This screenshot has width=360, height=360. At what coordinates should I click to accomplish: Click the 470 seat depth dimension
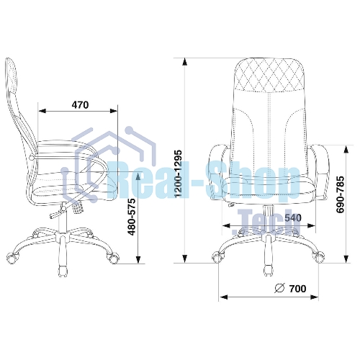coord(80,105)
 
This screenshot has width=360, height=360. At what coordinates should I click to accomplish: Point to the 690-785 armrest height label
coord(340,194)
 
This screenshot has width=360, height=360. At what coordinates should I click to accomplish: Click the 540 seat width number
coord(293,217)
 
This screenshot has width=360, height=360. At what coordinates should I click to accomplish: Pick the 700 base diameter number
coord(297,289)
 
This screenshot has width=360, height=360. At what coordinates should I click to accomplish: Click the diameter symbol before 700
coord(279,288)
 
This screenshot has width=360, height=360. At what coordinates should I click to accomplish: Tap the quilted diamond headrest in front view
coord(269,75)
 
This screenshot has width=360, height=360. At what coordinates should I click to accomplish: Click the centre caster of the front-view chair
coord(268,271)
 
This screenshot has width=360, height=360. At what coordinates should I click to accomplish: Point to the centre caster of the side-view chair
coord(63,271)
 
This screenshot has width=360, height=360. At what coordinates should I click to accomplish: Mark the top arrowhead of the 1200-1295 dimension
coord(184,62)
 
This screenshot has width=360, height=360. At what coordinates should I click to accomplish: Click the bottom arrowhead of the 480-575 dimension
coord(138,259)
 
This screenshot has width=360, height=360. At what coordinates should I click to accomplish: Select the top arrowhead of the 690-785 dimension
coord(346,149)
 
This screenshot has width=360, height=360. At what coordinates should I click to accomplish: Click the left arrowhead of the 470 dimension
coord(42,111)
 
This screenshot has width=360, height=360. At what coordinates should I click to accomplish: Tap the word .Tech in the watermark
coord(266,222)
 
